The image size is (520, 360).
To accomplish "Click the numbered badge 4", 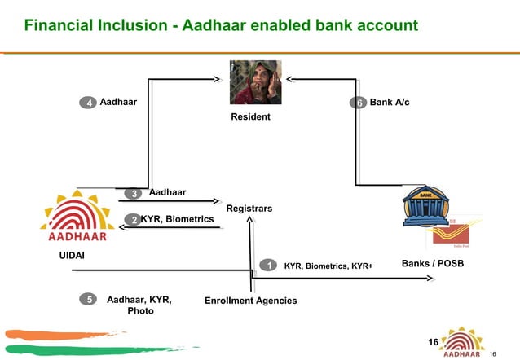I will pyautogui.click(x=87, y=103).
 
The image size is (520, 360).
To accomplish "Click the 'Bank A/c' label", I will pyautogui.click(x=390, y=103).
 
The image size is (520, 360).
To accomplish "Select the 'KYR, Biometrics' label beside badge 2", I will pyautogui.click(x=177, y=219).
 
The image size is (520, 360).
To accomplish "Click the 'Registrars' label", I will pyautogui.click(x=249, y=209).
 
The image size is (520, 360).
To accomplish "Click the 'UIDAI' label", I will pyautogui.click(x=71, y=256).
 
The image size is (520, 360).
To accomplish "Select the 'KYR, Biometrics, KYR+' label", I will pyautogui.click(x=328, y=266).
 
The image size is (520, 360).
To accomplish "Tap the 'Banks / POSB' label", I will pyautogui.click(x=433, y=264).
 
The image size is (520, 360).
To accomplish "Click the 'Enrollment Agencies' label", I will pyautogui.click(x=250, y=301).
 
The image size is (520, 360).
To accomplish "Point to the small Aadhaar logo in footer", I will pyautogui.click(x=461, y=342).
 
